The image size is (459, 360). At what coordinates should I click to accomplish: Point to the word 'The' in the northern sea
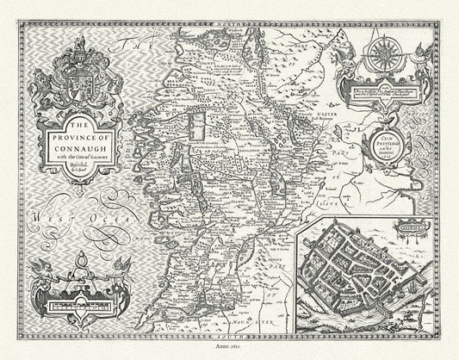coord(138,49)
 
